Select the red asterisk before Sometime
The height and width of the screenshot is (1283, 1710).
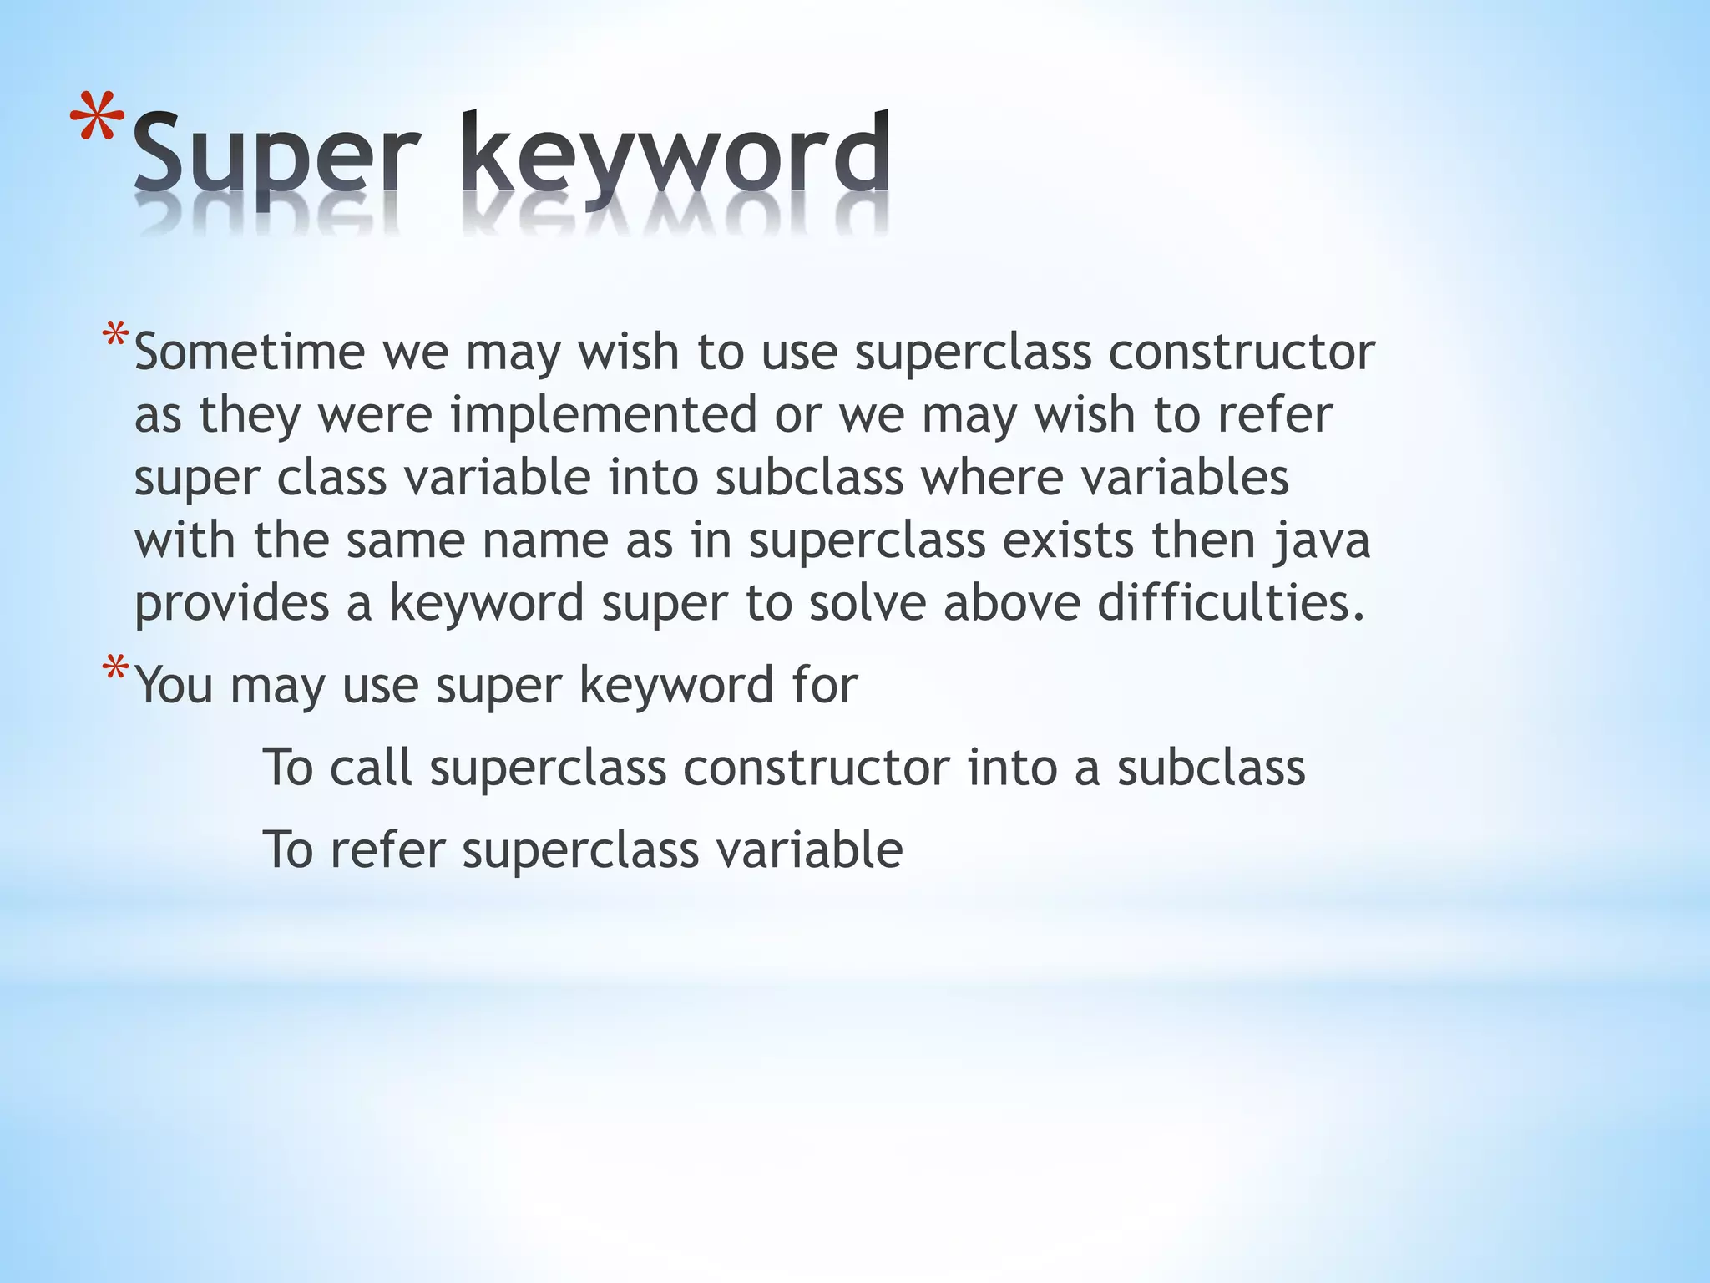click(115, 339)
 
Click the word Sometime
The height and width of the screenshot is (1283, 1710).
click(249, 352)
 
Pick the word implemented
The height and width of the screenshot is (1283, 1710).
click(603, 414)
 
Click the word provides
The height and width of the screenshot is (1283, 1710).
click(232, 603)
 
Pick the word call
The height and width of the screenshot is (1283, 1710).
click(371, 767)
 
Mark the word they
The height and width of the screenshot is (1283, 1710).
click(249, 416)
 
